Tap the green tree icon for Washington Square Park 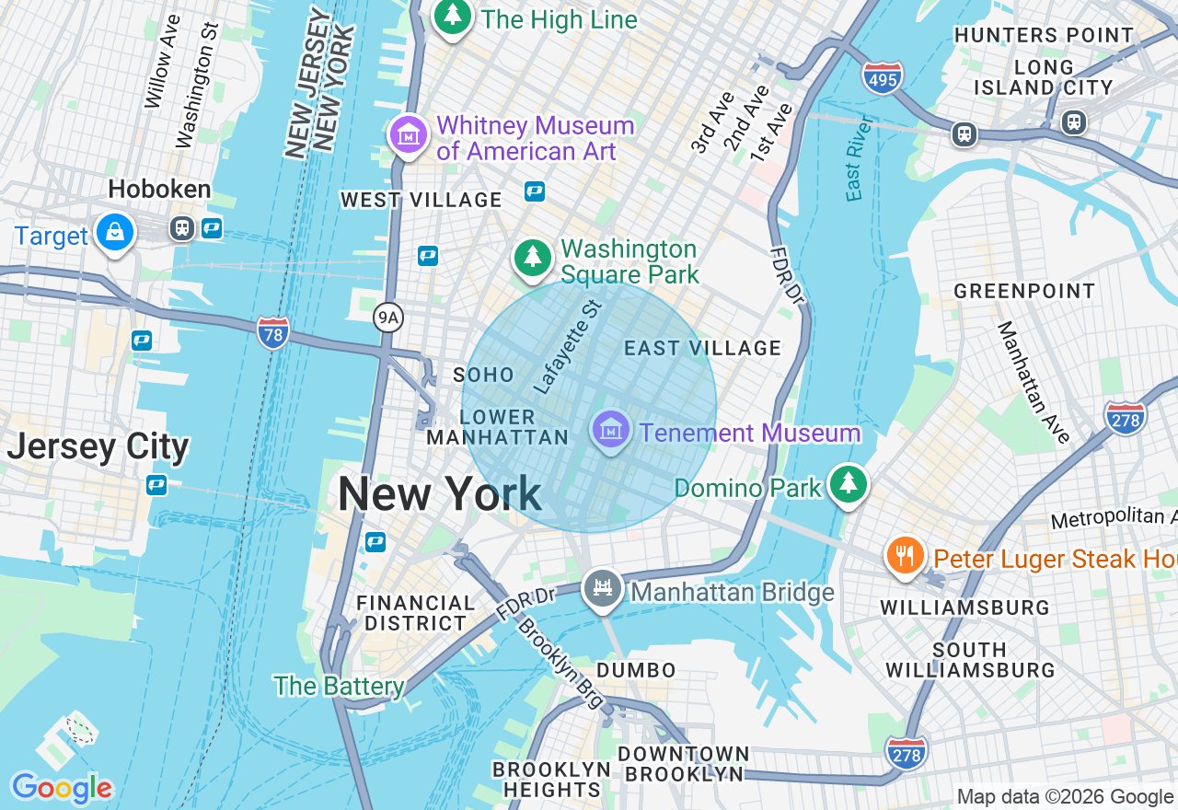(x=532, y=257)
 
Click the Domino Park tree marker (x=848, y=483)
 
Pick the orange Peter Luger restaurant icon (x=906, y=555)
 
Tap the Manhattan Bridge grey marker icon (x=603, y=587)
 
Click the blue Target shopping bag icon (x=115, y=232)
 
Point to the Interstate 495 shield (x=883, y=76)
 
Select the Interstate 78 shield (x=273, y=331)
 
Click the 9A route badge (x=388, y=318)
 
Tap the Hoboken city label (x=159, y=190)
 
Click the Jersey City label (x=98, y=447)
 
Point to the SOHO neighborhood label (x=483, y=375)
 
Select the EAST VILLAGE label (x=702, y=348)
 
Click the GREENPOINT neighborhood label (x=1024, y=292)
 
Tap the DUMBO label (x=636, y=670)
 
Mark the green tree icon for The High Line (x=452, y=16)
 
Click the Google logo (x=62, y=788)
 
